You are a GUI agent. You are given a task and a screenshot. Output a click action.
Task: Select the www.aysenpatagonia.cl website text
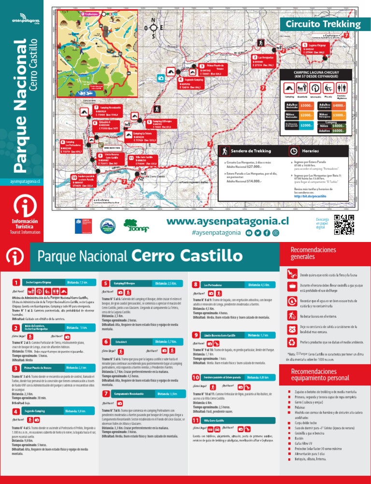(x=227, y=222)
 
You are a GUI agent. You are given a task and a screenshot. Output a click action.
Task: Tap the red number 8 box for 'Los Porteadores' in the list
(x=196, y=285)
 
